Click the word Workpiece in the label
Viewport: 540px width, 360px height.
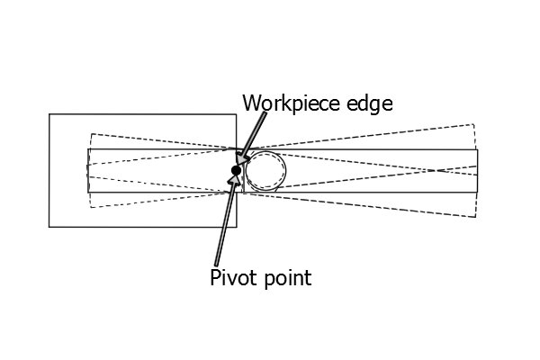click(x=292, y=103)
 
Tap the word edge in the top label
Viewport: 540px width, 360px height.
click(x=370, y=104)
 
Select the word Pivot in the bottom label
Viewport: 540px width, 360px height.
click(x=234, y=277)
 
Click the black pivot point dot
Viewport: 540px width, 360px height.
click(x=236, y=170)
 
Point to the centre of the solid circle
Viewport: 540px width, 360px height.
click(x=265, y=171)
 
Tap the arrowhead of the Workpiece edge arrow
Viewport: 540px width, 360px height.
click(x=242, y=159)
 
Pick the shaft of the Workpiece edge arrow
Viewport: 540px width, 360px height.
click(x=256, y=134)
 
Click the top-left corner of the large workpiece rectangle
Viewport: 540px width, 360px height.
click(x=49, y=114)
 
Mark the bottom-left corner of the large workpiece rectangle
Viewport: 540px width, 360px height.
click(x=49, y=227)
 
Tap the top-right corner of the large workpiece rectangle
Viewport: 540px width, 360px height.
click(x=236, y=114)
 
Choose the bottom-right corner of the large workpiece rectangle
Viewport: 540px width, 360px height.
click(x=236, y=227)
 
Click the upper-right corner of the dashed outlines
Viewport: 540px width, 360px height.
click(x=474, y=124)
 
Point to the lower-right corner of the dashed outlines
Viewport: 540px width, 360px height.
click(x=476, y=218)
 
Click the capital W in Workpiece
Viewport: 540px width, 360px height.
click(x=251, y=103)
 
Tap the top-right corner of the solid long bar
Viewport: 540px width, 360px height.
click(x=478, y=149)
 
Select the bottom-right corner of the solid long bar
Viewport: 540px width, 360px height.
click(x=478, y=193)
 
